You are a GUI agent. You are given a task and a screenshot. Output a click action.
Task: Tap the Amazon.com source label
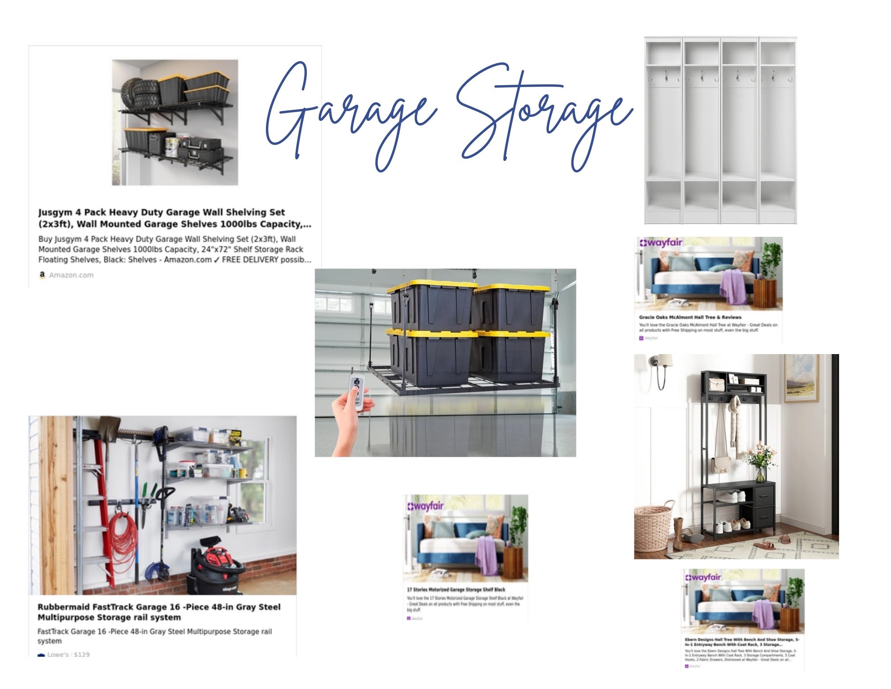pyautogui.click(x=71, y=275)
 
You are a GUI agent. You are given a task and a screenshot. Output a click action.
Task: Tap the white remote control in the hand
pyautogui.click(x=357, y=393)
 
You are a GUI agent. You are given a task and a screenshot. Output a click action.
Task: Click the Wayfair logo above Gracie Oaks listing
pyautogui.click(x=661, y=243)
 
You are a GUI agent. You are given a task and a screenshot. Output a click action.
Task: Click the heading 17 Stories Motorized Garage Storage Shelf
pyautogui.click(x=456, y=589)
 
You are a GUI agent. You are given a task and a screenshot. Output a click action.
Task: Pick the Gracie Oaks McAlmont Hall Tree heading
pyautogui.click(x=690, y=317)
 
